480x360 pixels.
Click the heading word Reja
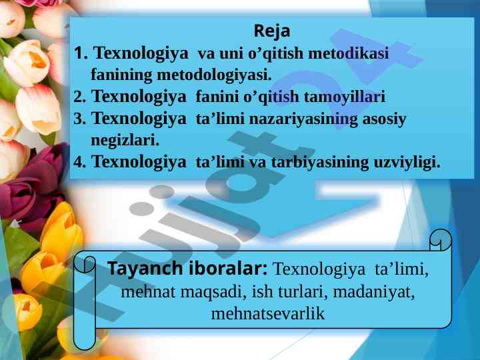272,31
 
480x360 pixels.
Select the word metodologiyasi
214,75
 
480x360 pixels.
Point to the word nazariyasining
303,119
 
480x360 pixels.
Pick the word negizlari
125,141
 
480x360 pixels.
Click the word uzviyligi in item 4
407,163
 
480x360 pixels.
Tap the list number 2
79,97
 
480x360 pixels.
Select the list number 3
79,119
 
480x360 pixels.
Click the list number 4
79,162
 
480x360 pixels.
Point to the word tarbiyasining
320,163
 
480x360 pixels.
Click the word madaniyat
374,292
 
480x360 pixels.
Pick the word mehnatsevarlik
268,314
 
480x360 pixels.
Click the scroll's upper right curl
441,240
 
